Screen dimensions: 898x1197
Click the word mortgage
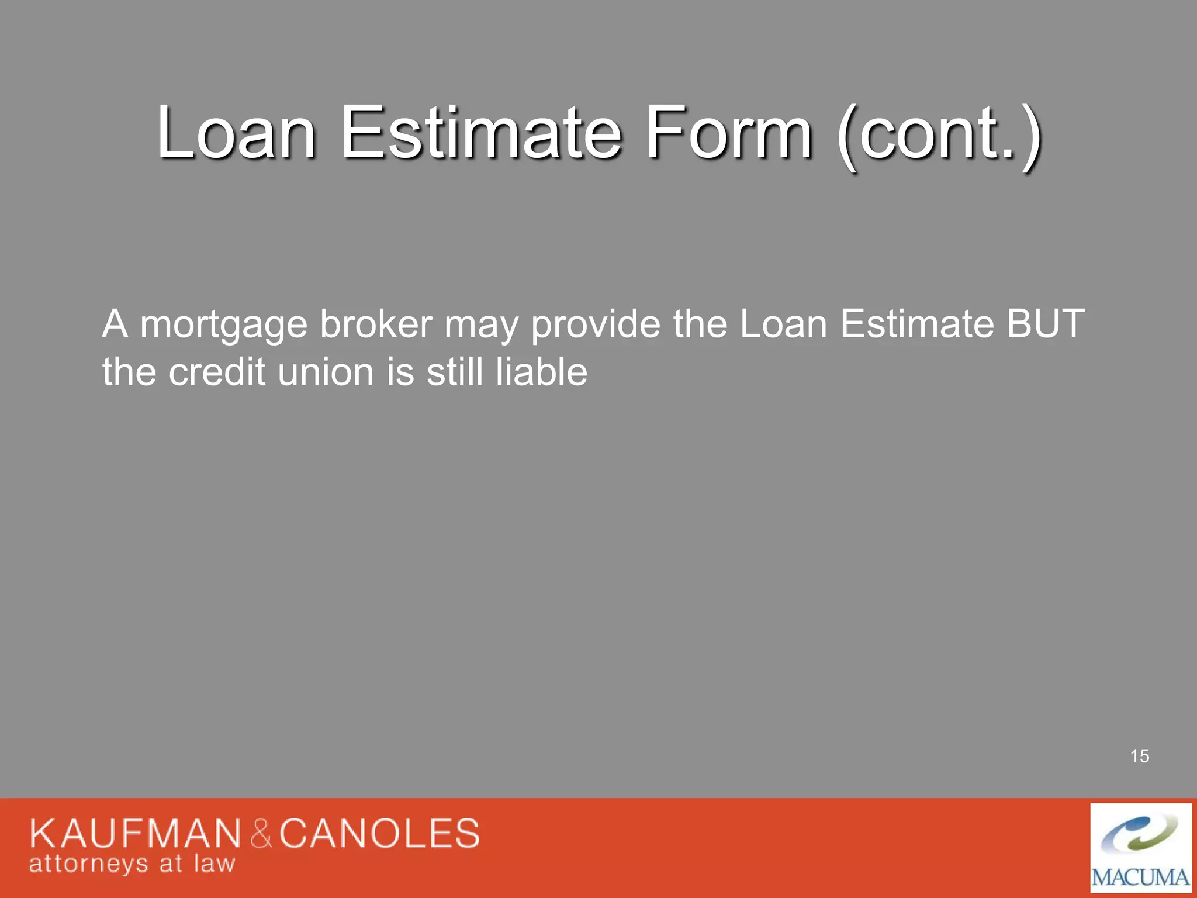pos(224,326)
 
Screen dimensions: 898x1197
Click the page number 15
pos(1140,756)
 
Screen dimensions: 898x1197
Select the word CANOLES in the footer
pos(379,833)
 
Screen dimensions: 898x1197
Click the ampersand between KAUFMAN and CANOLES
pos(261,834)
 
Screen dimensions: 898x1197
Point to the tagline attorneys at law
pos(132,864)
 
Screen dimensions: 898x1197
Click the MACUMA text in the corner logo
pos(1140,878)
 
